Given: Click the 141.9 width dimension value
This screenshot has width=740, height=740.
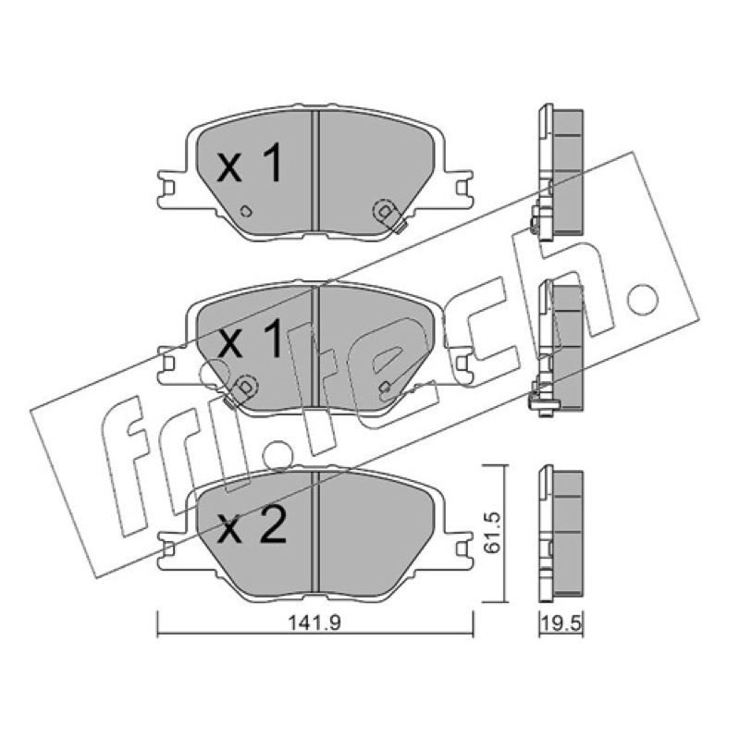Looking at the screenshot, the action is (314, 623).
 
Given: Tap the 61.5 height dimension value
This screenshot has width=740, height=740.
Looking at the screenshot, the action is (493, 532).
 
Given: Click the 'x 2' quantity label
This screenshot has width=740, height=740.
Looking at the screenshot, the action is (252, 527).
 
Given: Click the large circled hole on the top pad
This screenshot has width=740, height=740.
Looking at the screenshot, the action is (385, 212).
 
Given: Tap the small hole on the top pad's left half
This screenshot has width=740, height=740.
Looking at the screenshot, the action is (246, 211).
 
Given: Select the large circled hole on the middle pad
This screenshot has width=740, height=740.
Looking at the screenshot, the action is (245, 387).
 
